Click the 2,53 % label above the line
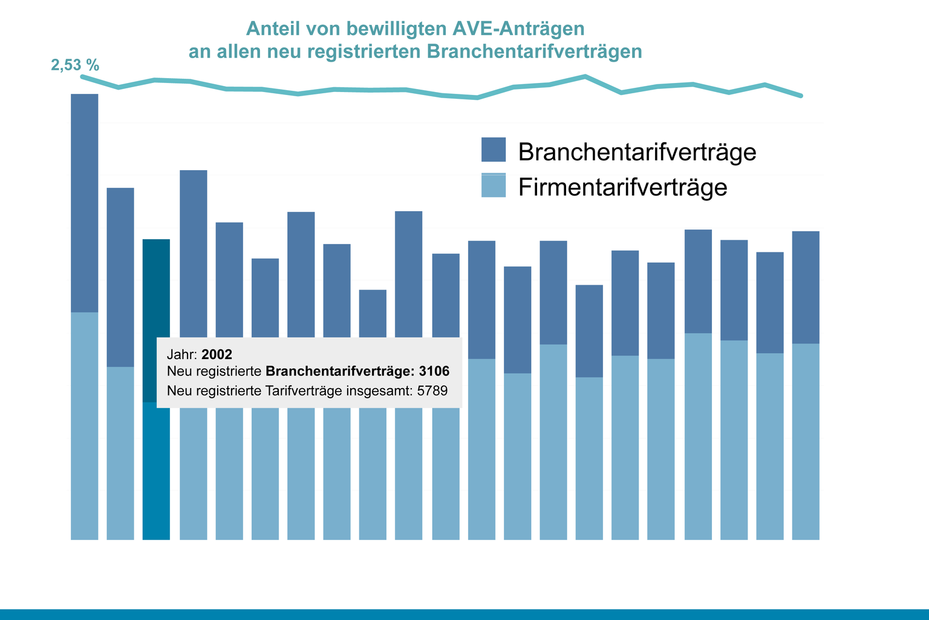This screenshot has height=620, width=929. click(x=75, y=65)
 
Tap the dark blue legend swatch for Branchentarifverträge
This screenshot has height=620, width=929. click(x=493, y=150)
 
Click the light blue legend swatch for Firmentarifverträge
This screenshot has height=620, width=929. click(x=493, y=185)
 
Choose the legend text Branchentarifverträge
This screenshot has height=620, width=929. click(x=637, y=152)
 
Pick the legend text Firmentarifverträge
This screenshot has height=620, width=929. click(x=622, y=187)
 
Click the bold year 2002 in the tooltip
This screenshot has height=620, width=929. click(x=217, y=355)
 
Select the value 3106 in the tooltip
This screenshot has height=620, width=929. click(x=434, y=371)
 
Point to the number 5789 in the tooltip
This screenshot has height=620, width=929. click(x=432, y=391)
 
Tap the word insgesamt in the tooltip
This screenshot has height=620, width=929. click(x=380, y=391)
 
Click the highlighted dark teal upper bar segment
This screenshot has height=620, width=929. click(x=156, y=288)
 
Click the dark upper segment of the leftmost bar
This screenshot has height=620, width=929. click(x=85, y=203)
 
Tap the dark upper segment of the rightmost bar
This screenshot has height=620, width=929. click(x=806, y=287)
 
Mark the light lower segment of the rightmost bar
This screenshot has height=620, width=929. click(x=806, y=441)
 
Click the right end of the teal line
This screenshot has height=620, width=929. click(x=801, y=96)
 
